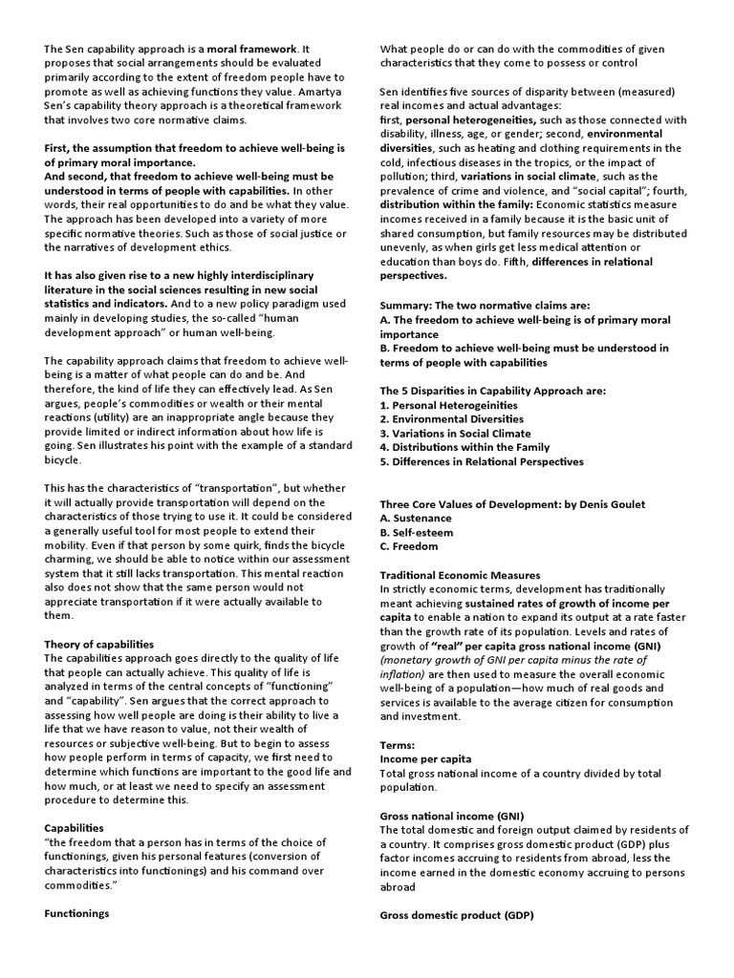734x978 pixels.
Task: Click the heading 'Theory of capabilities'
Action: click(99, 645)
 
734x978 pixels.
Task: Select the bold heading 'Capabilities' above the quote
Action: click(75, 828)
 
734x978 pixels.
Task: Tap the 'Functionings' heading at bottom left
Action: click(76, 914)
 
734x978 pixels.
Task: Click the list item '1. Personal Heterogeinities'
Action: click(449, 405)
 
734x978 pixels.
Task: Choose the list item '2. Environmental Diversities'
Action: click(453, 419)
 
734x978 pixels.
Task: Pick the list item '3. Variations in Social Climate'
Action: click(457, 433)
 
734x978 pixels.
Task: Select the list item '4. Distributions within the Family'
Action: click(464, 447)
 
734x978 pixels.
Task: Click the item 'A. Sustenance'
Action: click(416, 519)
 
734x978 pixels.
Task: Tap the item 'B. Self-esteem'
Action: click(417, 533)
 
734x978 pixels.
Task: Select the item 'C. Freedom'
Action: click(409, 547)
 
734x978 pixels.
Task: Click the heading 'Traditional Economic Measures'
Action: click(461, 576)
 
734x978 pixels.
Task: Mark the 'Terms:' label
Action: click(398, 744)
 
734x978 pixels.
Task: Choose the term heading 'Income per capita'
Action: click(425, 758)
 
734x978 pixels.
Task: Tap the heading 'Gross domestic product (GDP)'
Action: click(456, 914)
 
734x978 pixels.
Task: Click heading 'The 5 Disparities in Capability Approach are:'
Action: click(493, 391)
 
